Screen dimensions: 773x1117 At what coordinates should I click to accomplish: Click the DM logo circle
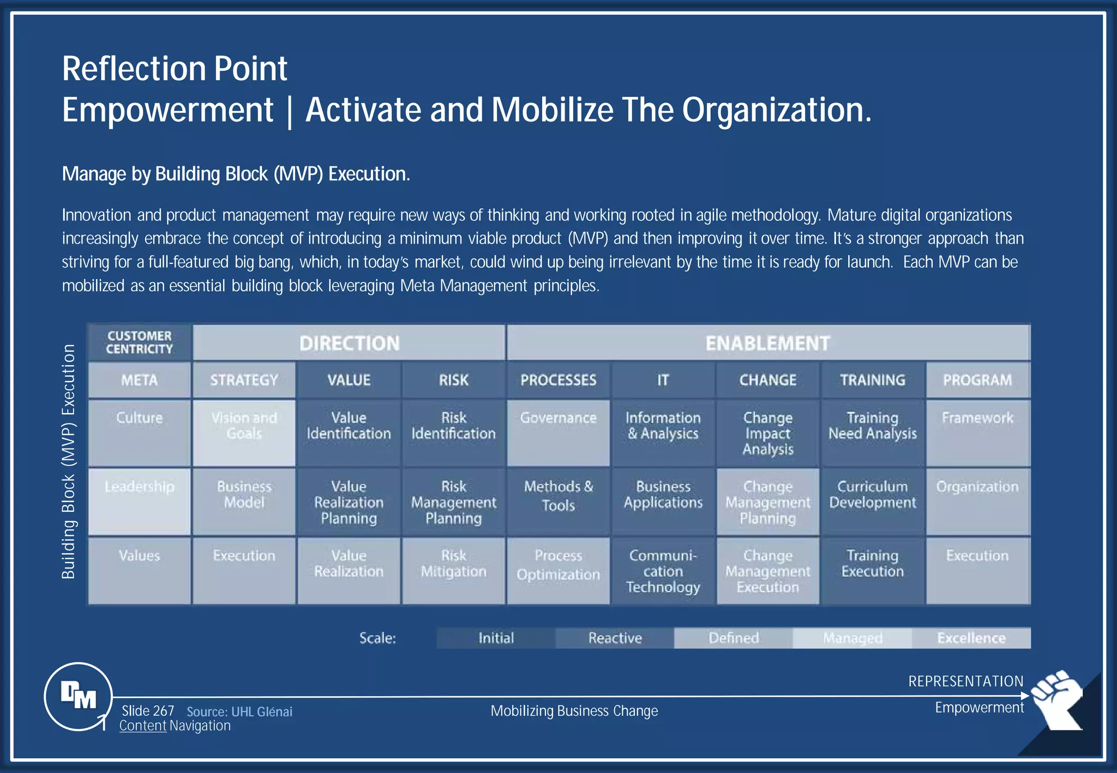[79, 696]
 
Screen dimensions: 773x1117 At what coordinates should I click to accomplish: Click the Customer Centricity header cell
[139, 342]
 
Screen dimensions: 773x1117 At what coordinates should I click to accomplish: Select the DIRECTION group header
[349, 343]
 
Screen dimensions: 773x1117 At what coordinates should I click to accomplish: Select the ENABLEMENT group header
[767, 343]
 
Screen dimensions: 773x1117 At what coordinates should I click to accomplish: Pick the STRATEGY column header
[244, 380]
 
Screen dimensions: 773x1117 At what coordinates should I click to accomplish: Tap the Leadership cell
[139, 501]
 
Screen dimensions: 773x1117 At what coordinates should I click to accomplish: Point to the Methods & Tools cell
[558, 501]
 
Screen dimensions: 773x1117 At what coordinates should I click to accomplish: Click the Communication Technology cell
[663, 571]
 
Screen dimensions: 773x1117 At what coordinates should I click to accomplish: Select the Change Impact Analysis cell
[767, 433]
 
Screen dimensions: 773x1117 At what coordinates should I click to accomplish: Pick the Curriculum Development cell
[872, 501]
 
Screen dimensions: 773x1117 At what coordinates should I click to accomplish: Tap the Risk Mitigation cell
[453, 570]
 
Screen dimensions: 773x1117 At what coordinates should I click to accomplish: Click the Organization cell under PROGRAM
[977, 501]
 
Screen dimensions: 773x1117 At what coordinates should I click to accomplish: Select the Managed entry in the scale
[852, 638]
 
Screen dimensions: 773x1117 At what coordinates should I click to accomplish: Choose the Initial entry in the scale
[496, 638]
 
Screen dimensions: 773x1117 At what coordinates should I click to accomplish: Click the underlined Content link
[142, 726]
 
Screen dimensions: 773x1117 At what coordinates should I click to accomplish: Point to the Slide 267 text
[148, 711]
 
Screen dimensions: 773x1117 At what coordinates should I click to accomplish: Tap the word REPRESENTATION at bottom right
[965, 681]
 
